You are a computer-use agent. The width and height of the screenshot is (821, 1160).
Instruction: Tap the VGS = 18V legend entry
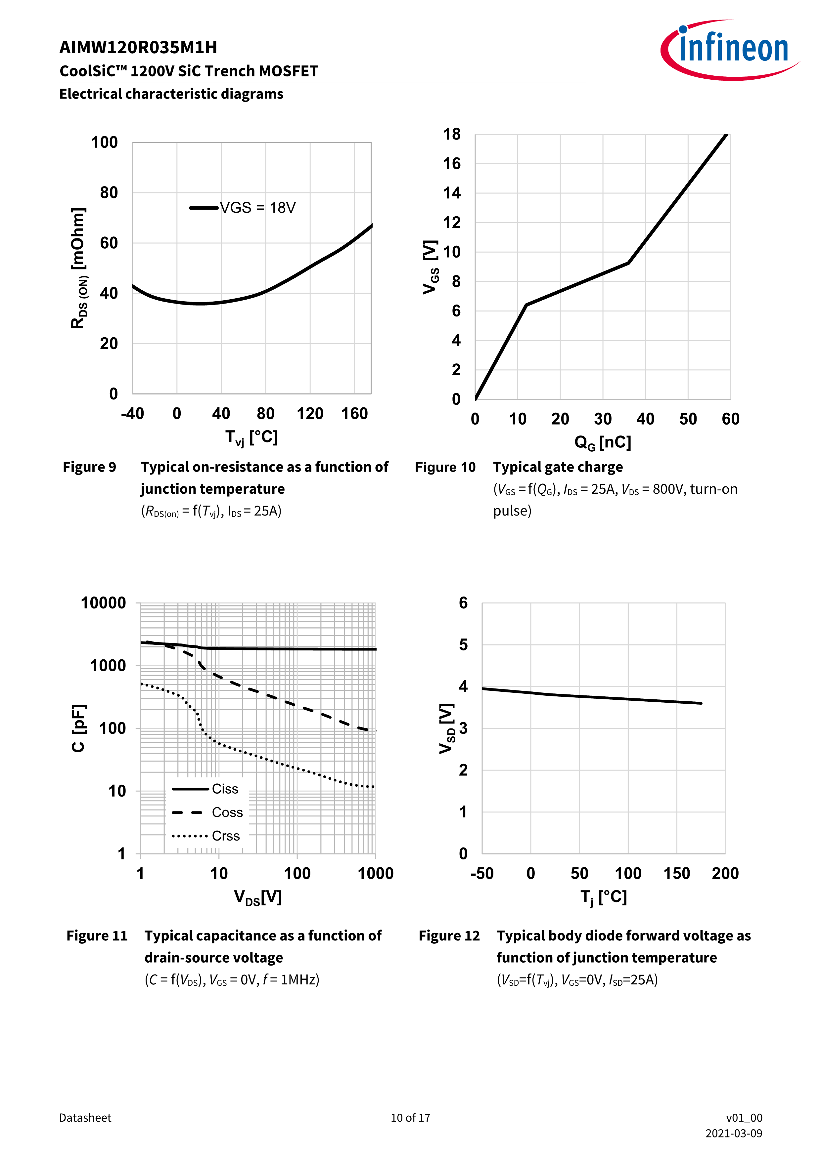243,208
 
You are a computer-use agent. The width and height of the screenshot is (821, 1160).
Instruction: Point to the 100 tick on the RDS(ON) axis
104,143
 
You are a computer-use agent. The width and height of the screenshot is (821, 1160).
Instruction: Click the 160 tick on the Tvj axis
354,414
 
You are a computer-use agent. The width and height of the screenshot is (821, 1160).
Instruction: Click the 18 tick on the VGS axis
452,134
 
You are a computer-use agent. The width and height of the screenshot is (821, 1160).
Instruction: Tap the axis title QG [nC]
603,442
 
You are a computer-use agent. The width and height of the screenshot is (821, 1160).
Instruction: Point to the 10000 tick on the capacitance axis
104,603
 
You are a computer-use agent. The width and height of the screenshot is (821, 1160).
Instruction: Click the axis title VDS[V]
258,897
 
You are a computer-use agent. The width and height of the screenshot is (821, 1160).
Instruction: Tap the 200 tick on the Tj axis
725,874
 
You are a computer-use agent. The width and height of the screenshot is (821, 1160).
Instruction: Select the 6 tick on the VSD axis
463,603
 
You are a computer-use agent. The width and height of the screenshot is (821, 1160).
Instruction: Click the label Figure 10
445,467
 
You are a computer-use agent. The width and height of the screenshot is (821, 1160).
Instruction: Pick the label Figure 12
449,936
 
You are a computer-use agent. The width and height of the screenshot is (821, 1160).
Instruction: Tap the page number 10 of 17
410,1118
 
